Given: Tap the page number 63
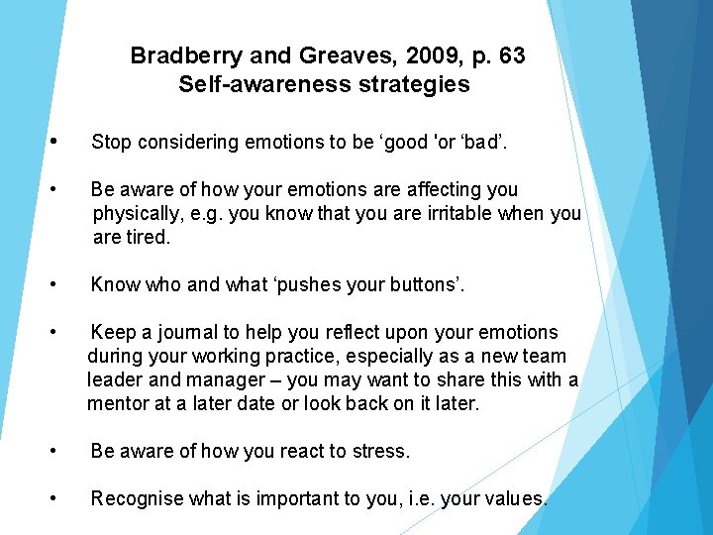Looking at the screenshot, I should click(512, 55).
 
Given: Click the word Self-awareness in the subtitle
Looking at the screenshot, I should click(255, 84).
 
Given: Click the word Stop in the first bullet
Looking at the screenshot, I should click(111, 142).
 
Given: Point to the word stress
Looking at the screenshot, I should click(379, 451).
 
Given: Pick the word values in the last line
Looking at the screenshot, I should click(516, 498).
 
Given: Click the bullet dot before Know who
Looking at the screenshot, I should click(63, 285).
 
